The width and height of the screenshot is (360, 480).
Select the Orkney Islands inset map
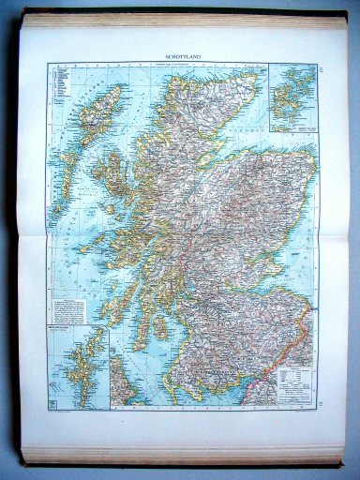pyautogui.click(x=292, y=97)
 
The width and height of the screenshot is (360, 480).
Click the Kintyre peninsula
pyautogui.click(x=140, y=328)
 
